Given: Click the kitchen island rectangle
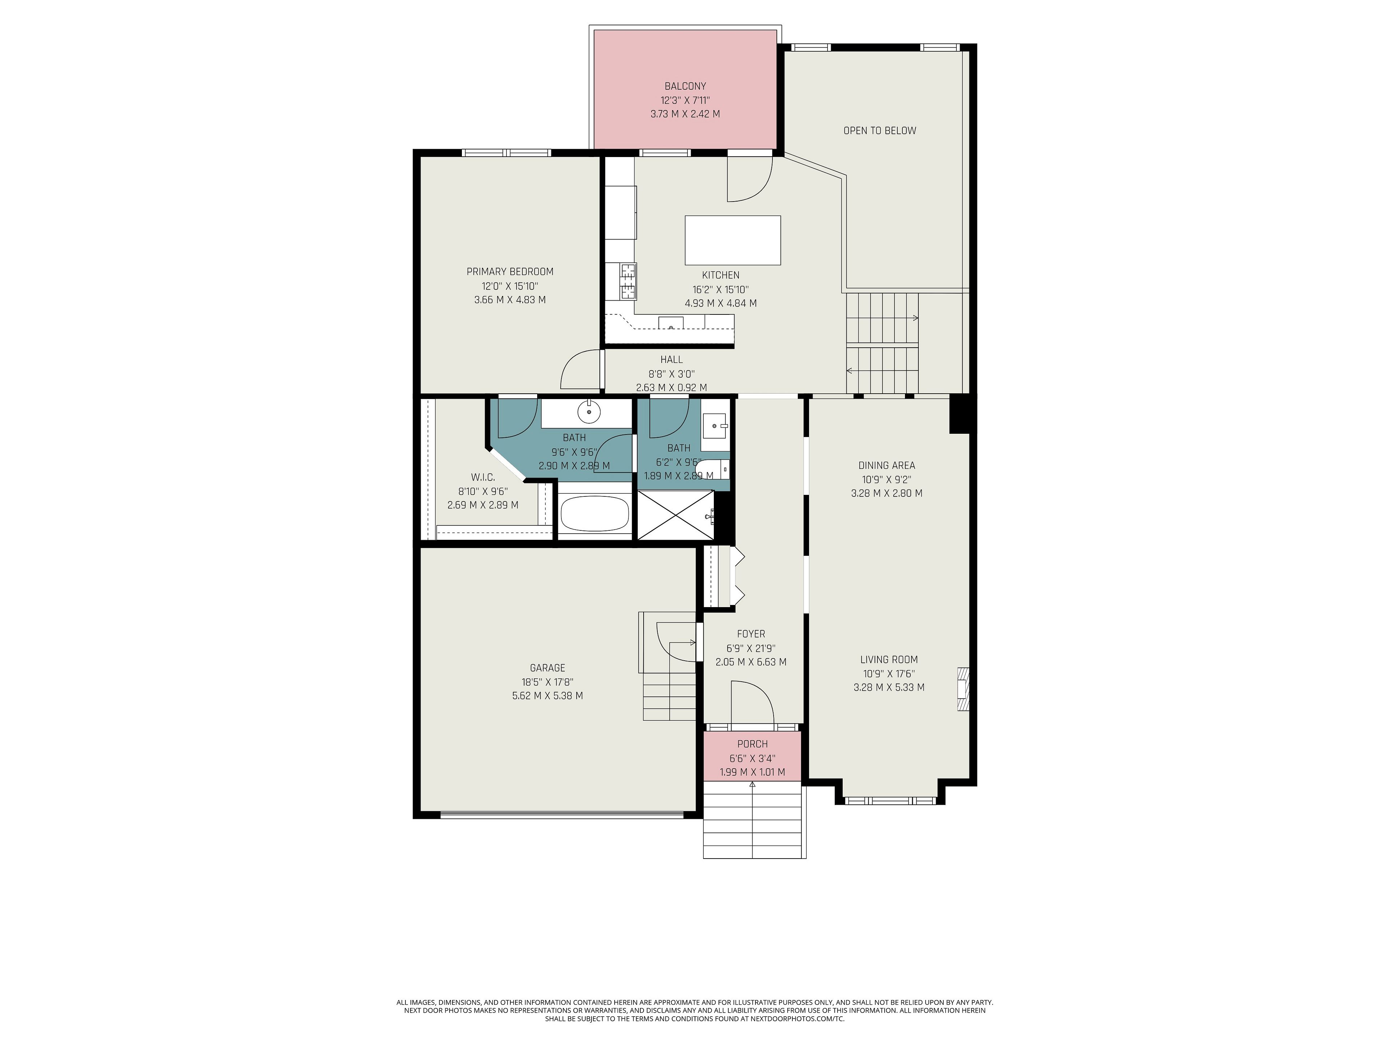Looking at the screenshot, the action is pos(733,241).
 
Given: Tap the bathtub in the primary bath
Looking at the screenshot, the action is pos(594,514).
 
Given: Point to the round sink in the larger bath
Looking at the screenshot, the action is pos(589,412).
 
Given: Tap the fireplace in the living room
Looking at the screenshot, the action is pos(963,689).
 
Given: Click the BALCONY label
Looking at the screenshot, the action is pos(685,86).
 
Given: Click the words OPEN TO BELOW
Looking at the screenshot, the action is pos(880,131).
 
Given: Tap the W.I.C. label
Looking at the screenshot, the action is pos(483,477).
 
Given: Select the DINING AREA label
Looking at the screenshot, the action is pos(886,465).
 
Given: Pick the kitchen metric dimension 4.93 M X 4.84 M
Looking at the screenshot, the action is pos(721,303).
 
